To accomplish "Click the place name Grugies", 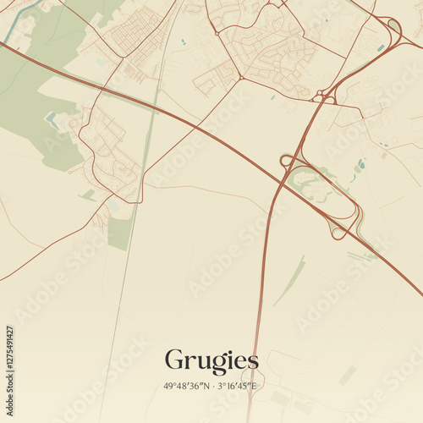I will pos(211,360).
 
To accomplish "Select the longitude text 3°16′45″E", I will pos(237,386).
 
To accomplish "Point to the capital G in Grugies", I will pos(173,360).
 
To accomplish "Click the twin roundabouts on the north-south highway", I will pos(323,97).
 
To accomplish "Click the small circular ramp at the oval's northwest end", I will pos(287,161).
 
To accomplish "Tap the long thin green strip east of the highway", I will pos(289,282).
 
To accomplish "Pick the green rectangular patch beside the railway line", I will pos(120,233).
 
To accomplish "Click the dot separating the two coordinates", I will pos(212,386).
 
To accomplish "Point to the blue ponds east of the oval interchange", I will pos(360,165).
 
